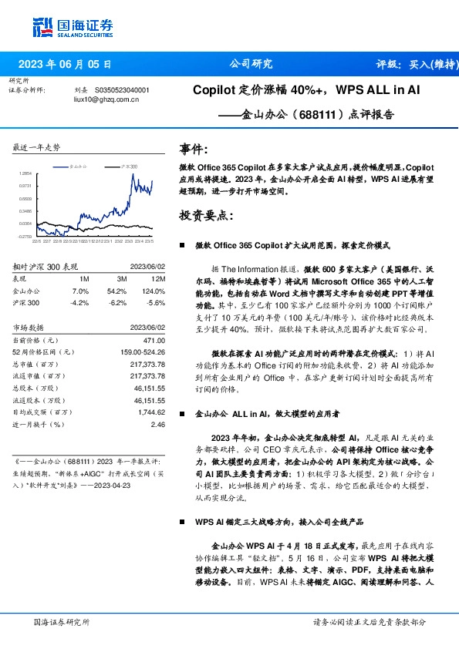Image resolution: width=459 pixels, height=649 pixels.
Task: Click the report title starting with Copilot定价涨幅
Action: [305, 90]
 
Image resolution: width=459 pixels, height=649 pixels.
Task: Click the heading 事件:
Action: [193, 149]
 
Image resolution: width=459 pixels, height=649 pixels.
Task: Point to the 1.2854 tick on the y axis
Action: [25, 174]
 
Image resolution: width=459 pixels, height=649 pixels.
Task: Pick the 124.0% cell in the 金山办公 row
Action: [154, 291]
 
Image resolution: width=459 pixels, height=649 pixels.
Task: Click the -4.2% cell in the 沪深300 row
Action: [80, 303]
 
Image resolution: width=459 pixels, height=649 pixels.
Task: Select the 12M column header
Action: [157, 278]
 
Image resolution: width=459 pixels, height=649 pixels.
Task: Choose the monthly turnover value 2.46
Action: [158, 424]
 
